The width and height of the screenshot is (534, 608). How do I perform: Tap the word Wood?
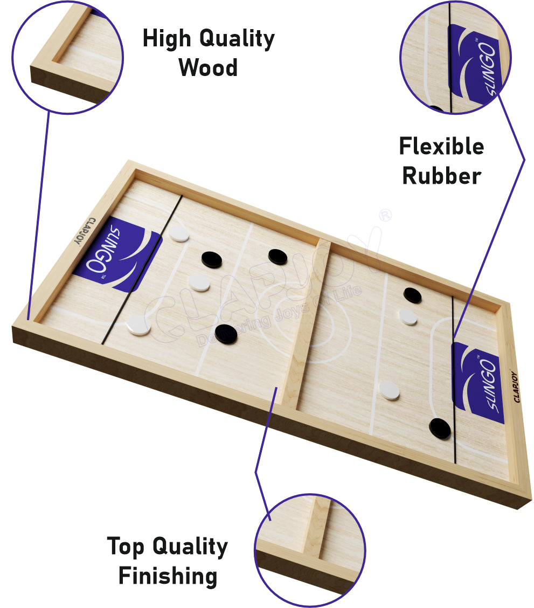[208, 67]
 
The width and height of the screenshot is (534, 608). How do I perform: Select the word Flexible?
[442, 146]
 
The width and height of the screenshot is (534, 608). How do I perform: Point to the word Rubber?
[442, 176]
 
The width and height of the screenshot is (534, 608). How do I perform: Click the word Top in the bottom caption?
[126, 547]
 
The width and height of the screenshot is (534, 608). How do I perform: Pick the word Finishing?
[168, 576]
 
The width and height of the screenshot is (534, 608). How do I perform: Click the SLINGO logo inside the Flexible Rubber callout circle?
[475, 65]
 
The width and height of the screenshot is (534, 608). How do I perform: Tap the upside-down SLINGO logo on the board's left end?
[117, 253]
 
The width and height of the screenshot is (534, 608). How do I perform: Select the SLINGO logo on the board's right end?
[478, 383]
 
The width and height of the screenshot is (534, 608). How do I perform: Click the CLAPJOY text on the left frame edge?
[84, 231]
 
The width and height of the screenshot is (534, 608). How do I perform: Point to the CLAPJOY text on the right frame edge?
[514, 386]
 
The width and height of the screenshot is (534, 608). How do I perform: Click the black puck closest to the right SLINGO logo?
[440, 429]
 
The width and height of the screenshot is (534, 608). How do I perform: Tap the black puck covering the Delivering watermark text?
[226, 334]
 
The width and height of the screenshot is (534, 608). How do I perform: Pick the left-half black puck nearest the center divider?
[278, 257]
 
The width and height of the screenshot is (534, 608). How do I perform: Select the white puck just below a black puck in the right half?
[408, 317]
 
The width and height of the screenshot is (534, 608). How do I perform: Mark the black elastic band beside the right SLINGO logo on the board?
[454, 379]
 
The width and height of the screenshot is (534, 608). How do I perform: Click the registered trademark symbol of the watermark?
[385, 215]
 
